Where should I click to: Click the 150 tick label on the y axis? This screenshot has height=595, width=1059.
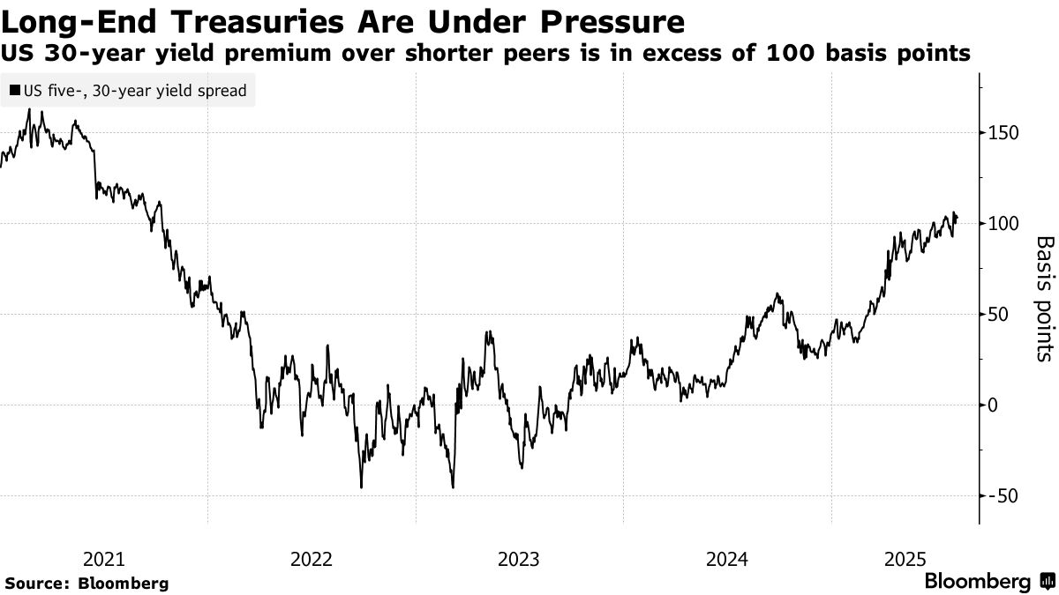tap(1004, 133)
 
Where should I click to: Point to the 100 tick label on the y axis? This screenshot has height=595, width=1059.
tap(1004, 223)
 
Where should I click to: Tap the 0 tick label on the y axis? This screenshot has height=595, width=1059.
tap(995, 405)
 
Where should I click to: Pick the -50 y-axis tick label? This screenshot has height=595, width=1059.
tap(1003, 495)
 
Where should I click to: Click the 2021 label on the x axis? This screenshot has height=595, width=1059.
tap(104, 559)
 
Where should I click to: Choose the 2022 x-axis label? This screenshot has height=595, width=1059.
tap(312, 559)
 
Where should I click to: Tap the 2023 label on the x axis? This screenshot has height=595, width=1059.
tap(520, 559)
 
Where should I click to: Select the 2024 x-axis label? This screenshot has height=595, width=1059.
tap(727, 559)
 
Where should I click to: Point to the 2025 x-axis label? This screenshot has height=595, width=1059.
tap(904, 559)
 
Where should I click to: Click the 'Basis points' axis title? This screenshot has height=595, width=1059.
tap(1042, 298)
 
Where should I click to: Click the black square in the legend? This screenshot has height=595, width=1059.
tap(15, 90)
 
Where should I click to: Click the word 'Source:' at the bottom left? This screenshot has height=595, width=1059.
tap(38, 583)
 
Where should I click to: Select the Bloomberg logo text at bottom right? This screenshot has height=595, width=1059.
tap(977, 582)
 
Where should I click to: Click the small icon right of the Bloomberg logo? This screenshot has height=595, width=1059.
tap(1046, 582)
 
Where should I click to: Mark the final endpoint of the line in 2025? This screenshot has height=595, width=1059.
tap(958, 219)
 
